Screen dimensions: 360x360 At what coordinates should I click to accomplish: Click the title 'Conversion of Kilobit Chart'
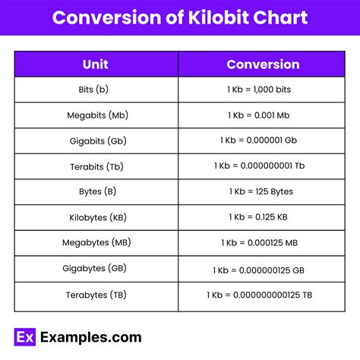point(180,18)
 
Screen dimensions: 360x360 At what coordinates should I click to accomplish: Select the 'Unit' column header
point(97,65)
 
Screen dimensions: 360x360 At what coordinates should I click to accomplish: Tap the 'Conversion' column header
point(263,65)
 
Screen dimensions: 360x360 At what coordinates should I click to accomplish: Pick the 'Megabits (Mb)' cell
point(97,115)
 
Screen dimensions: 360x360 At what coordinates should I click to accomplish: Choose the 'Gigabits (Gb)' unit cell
point(97,141)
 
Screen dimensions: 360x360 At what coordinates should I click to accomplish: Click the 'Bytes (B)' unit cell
point(97,192)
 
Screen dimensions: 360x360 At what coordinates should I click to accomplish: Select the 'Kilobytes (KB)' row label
point(97,217)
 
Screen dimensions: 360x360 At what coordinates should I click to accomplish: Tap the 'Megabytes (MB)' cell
point(97,243)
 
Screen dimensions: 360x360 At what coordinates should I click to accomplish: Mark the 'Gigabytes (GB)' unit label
point(97,268)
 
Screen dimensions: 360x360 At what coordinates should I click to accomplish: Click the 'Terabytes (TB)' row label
point(97,294)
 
